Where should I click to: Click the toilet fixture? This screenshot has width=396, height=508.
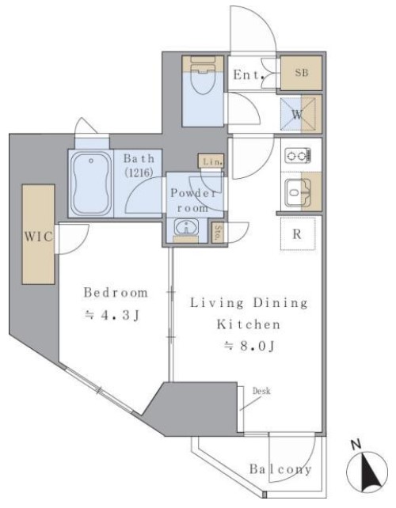click(203, 75)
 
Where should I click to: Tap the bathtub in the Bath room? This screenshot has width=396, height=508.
click(91, 184)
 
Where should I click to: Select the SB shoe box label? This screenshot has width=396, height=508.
click(301, 73)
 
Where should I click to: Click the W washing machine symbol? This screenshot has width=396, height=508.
click(298, 115)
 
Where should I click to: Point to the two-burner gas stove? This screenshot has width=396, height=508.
click(298, 156)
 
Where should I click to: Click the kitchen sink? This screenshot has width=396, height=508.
click(298, 192)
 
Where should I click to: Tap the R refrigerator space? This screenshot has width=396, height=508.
click(298, 234)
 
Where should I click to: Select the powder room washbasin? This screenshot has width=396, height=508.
click(186, 226)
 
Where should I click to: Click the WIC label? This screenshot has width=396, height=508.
click(38, 237)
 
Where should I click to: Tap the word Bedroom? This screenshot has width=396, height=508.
click(116, 293)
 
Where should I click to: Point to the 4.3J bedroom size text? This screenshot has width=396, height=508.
click(112, 315)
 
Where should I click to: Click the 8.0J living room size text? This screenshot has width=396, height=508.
click(249, 346)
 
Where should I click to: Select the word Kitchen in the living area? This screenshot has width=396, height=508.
click(249, 324)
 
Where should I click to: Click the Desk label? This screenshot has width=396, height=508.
click(261, 392)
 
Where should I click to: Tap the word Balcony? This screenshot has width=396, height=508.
click(280, 469)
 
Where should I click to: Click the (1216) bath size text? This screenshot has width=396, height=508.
click(139, 172)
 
